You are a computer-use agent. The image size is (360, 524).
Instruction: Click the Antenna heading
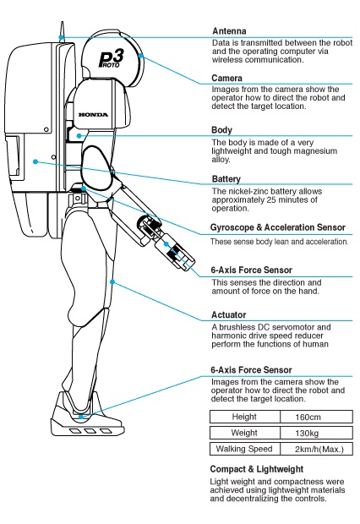pos(231,31)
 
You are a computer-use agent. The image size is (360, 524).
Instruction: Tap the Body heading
pos(223,130)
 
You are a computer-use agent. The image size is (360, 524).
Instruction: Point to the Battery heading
pos(228,180)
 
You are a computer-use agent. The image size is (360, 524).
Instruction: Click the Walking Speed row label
pos(244,448)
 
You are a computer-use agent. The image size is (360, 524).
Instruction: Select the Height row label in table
pos(244,418)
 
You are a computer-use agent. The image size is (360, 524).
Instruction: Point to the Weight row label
pos(244,433)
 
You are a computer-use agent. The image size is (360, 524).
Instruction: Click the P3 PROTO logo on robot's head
pos(112,58)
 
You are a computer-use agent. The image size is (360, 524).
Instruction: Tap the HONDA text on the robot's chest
pos(93,111)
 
